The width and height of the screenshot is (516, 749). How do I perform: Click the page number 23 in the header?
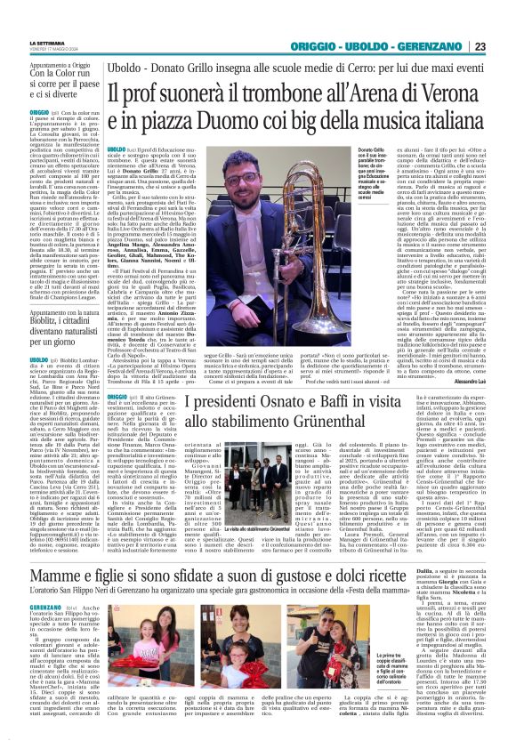(x=504, y=46)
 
